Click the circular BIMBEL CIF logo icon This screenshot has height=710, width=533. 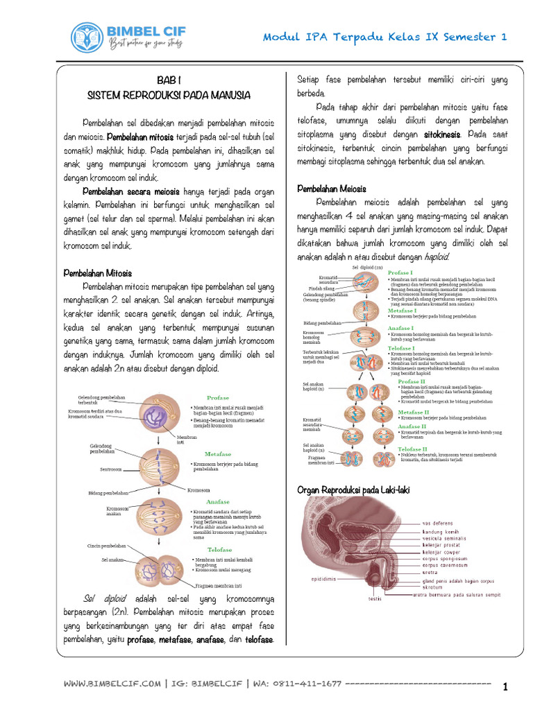tap(88, 37)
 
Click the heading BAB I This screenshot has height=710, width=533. tap(169, 80)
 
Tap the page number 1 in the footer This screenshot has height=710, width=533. tap(506, 687)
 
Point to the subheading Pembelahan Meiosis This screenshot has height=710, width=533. tap(332, 189)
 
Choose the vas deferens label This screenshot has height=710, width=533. tap(439, 523)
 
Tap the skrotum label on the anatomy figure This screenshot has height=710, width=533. tap(432, 587)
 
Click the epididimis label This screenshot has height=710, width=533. tap(323, 578)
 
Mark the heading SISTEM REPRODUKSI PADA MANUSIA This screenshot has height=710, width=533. tap(169, 94)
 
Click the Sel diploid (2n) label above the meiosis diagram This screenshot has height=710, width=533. tap(367, 267)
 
